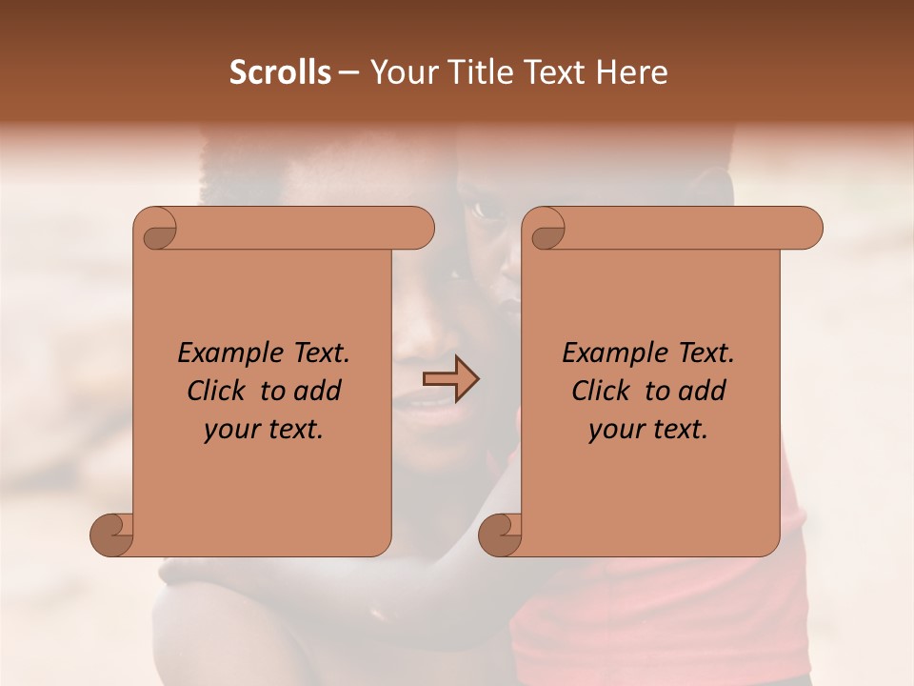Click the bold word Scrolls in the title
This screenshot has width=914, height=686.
[x=280, y=72]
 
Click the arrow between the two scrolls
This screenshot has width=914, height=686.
[x=450, y=379]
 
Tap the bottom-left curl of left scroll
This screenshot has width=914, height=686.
[x=111, y=535]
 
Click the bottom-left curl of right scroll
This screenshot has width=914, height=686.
[x=500, y=535]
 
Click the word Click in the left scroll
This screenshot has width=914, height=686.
[x=208, y=392]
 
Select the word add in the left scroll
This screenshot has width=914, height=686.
[x=317, y=392]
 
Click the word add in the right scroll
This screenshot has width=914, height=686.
[x=702, y=392]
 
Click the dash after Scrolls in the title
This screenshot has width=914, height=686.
[x=348, y=72]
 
